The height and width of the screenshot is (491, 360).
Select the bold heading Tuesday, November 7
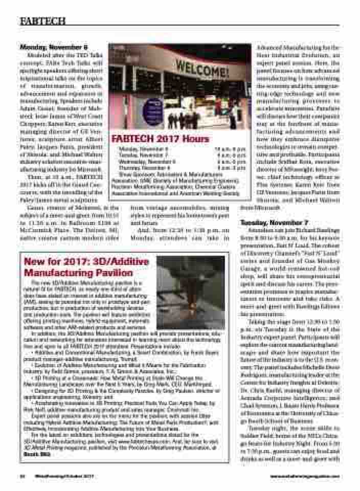[274, 224]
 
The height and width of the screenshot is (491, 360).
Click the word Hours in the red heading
[193, 139]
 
